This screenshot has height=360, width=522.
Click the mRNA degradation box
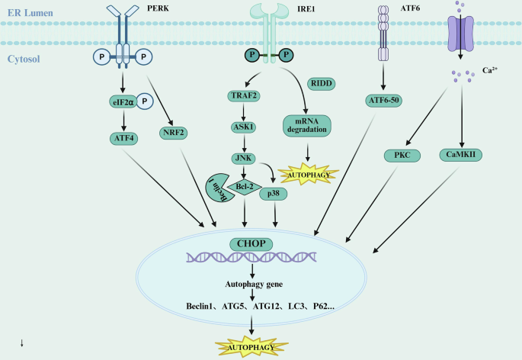[x=306, y=125]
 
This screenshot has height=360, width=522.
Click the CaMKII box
[x=463, y=155]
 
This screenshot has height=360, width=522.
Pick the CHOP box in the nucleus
[x=251, y=245]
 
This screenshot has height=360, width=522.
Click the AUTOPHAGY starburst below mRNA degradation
[x=306, y=175]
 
